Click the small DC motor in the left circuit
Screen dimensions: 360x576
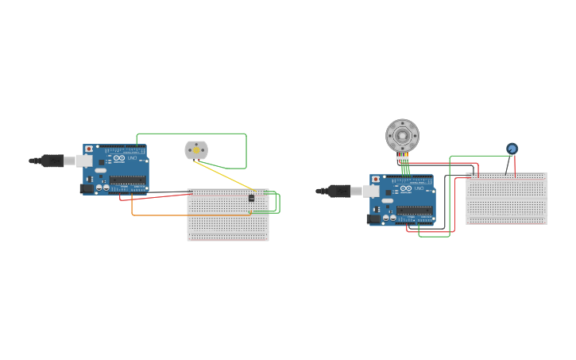[196, 149]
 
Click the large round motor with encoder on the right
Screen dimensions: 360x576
[402, 136]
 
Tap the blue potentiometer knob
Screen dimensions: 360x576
[512, 149]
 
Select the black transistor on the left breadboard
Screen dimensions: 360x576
[252, 197]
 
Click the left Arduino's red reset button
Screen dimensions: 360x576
[89, 149]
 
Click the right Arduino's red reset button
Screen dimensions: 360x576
[376, 179]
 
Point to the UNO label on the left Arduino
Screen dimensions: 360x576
[132, 158]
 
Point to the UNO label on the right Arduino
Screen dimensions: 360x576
[419, 188]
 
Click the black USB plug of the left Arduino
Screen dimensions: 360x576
[52, 161]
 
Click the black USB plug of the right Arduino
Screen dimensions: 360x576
[339, 191]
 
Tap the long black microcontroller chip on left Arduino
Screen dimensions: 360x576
[127, 180]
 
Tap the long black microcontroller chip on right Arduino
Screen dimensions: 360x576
[414, 211]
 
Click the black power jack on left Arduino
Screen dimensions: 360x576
[87, 188]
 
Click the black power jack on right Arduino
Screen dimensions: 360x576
[373, 219]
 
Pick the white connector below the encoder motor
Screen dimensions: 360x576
[403, 157]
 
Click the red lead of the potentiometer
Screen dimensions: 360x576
[515, 165]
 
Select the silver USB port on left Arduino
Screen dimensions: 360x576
[84, 161]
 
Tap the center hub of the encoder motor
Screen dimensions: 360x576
[402, 136]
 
